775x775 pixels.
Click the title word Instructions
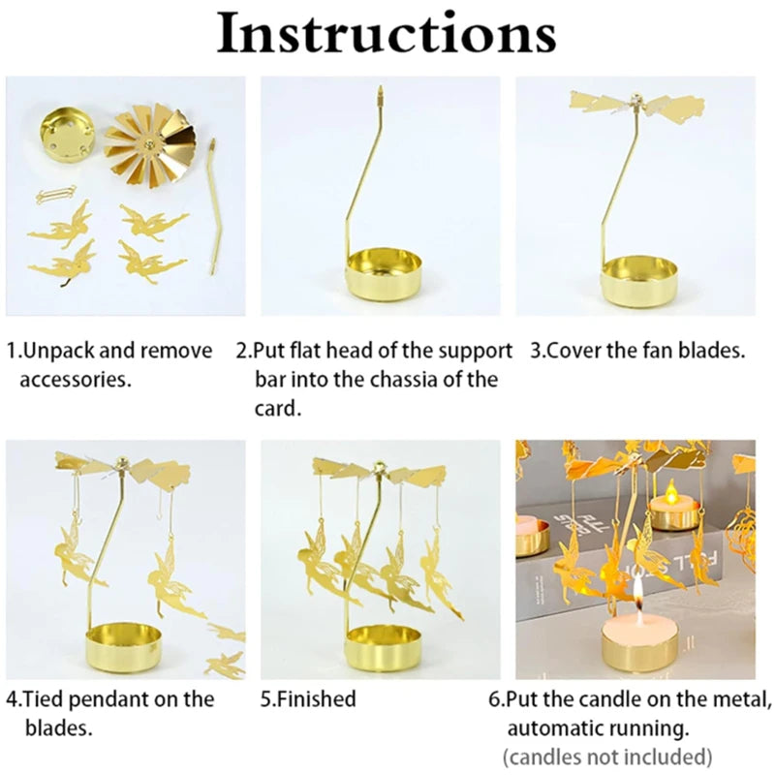pos(387,34)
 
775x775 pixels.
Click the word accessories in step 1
pos(76,380)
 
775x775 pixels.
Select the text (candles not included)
pos(607,758)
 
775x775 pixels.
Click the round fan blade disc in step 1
pos(150,144)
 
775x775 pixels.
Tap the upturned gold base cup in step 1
pos(67,135)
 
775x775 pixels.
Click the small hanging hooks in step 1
pos(55,194)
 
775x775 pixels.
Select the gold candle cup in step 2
pos(384,275)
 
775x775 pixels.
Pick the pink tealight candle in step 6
pos(639,623)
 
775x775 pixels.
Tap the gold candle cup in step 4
pos(123,648)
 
